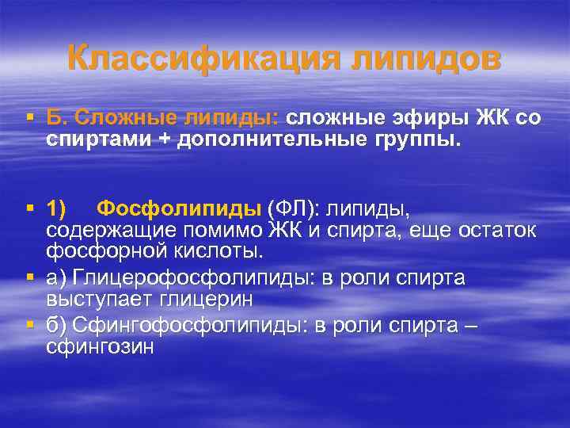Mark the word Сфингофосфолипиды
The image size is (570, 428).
pyautogui.click(x=168, y=327)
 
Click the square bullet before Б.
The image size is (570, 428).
pyautogui.click(x=29, y=119)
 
